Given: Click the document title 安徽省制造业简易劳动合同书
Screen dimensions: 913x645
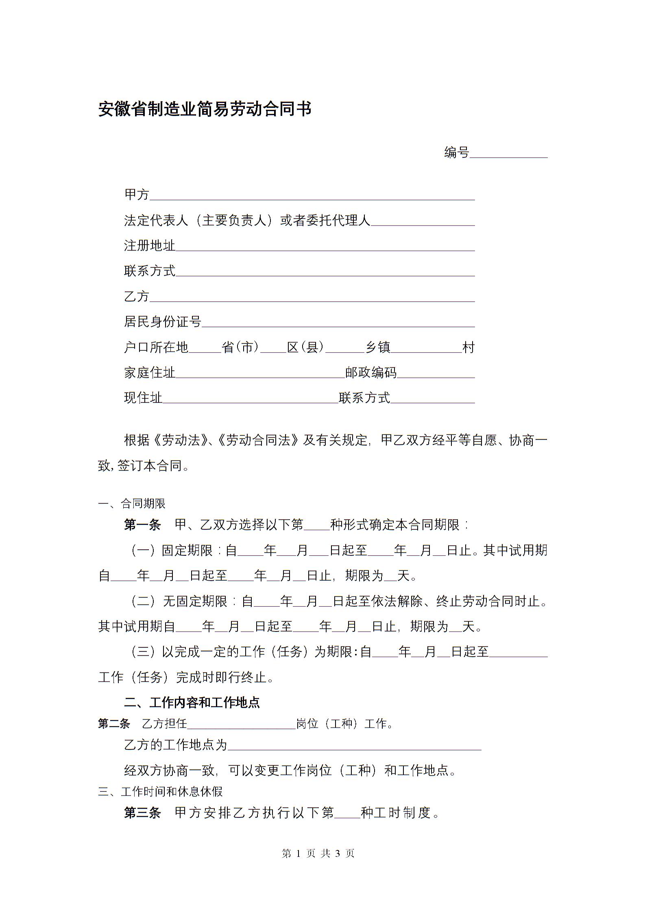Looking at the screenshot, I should point(205,109).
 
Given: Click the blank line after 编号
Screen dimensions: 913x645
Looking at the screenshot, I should point(508,153).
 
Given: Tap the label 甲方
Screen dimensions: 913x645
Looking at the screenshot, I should point(137,195).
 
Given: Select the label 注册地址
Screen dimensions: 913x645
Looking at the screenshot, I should point(150,246).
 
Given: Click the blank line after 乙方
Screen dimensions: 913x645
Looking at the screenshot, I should point(312,297).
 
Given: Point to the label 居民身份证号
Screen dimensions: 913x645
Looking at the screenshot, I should point(162,322).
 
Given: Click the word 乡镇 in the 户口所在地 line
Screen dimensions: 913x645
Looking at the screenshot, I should point(378,347).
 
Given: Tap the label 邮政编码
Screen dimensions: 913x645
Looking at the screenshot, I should point(370,373).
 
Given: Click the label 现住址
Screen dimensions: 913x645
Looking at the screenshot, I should point(143,398).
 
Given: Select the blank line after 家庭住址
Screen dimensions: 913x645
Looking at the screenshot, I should point(260,373).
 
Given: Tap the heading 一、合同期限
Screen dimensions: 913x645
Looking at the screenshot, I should point(132,504).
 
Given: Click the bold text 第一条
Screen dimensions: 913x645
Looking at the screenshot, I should point(142,525).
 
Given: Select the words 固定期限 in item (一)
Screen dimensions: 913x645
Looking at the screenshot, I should point(187,551).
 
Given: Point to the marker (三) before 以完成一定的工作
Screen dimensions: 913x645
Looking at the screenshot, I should point(144,652).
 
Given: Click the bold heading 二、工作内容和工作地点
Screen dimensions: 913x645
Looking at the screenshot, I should point(192,702).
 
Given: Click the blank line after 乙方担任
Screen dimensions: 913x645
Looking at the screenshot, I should point(241,724).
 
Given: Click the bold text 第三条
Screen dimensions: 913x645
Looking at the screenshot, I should point(142,813).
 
